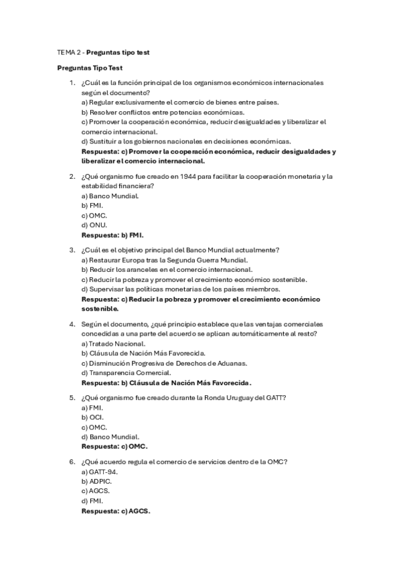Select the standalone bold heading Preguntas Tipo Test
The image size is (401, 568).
point(89,68)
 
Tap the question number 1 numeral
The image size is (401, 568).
point(72,83)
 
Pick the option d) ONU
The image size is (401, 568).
point(94,226)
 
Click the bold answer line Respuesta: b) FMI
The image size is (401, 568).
point(112,236)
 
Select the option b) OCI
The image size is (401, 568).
point(92,417)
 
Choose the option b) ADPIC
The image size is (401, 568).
point(96,481)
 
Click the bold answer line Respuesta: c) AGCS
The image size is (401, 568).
point(116,510)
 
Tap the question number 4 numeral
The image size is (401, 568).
point(72,324)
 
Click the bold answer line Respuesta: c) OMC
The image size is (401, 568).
point(114,446)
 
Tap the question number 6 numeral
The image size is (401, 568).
point(72,461)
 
